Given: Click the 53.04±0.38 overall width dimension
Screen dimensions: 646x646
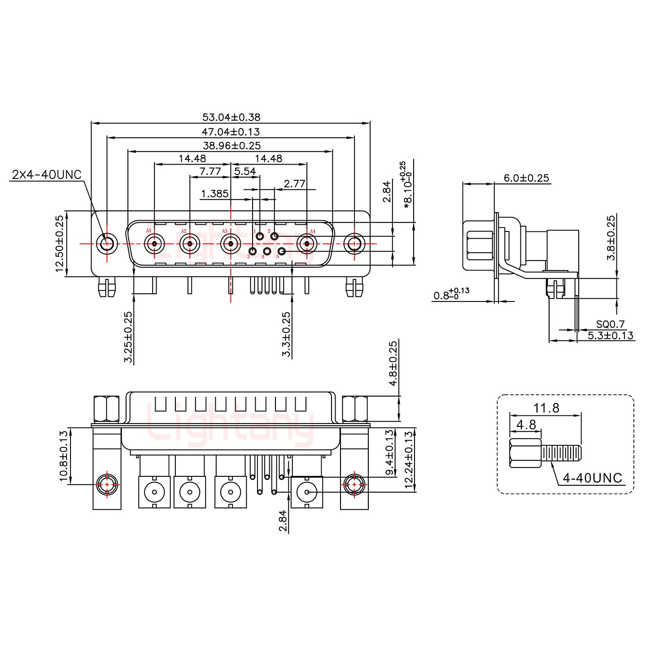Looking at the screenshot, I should click(x=231, y=118).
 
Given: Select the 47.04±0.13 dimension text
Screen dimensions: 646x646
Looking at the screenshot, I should click(x=231, y=132).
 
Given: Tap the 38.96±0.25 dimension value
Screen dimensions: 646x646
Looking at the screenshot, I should click(x=231, y=145).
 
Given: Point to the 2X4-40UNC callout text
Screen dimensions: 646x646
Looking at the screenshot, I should click(x=47, y=175).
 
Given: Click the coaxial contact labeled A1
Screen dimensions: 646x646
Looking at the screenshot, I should click(x=154, y=244).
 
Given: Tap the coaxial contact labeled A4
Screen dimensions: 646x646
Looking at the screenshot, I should click(x=307, y=244).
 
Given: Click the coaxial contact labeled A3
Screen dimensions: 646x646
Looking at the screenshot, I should click(x=230, y=244).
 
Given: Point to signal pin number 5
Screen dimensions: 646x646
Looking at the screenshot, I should click(x=282, y=251).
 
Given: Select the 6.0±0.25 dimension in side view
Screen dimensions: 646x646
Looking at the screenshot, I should click(x=526, y=178).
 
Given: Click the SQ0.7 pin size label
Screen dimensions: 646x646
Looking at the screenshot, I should click(x=610, y=324).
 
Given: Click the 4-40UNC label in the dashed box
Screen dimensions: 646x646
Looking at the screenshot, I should click(x=592, y=478).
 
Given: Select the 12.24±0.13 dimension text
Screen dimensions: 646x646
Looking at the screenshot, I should click(x=408, y=456).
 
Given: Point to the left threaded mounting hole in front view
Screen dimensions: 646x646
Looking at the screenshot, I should click(x=107, y=244).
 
